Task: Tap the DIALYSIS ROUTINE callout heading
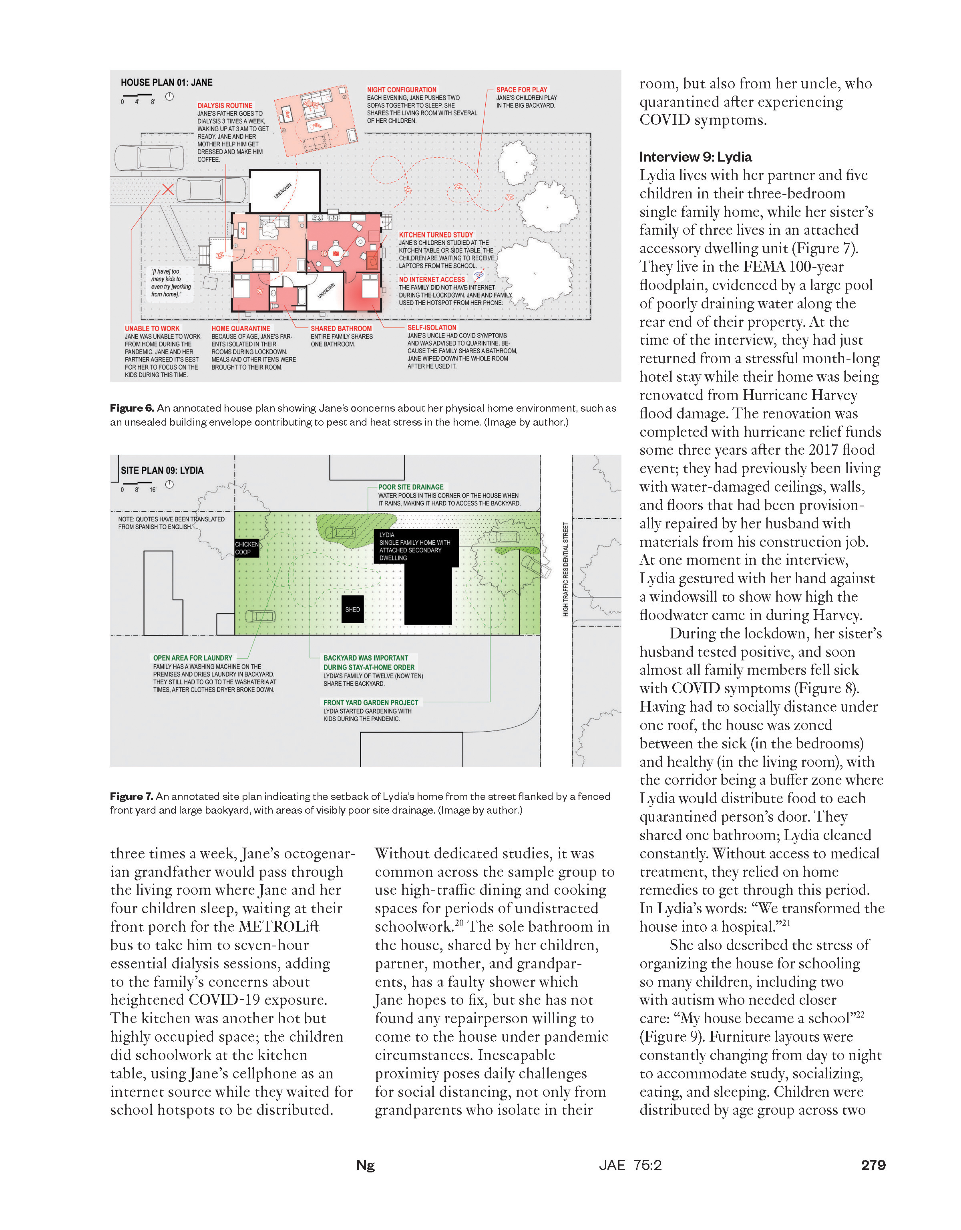pos(225,105)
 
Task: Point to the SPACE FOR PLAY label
pos(521,90)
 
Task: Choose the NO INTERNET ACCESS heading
pos(432,279)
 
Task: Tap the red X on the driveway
pos(167,189)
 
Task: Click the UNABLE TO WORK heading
pos(152,328)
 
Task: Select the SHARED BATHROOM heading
pos(341,328)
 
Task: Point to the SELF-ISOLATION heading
pos(432,327)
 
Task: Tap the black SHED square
pos(352,609)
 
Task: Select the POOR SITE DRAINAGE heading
pos(410,487)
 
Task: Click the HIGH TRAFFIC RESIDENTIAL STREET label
pos(565,569)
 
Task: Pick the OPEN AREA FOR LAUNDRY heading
pos(192,658)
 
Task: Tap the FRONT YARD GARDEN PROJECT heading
pos(370,702)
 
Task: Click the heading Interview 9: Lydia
pos(695,157)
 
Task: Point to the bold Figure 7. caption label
pos(131,796)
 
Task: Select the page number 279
pos(873,1165)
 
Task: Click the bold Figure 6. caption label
pos(132,408)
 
